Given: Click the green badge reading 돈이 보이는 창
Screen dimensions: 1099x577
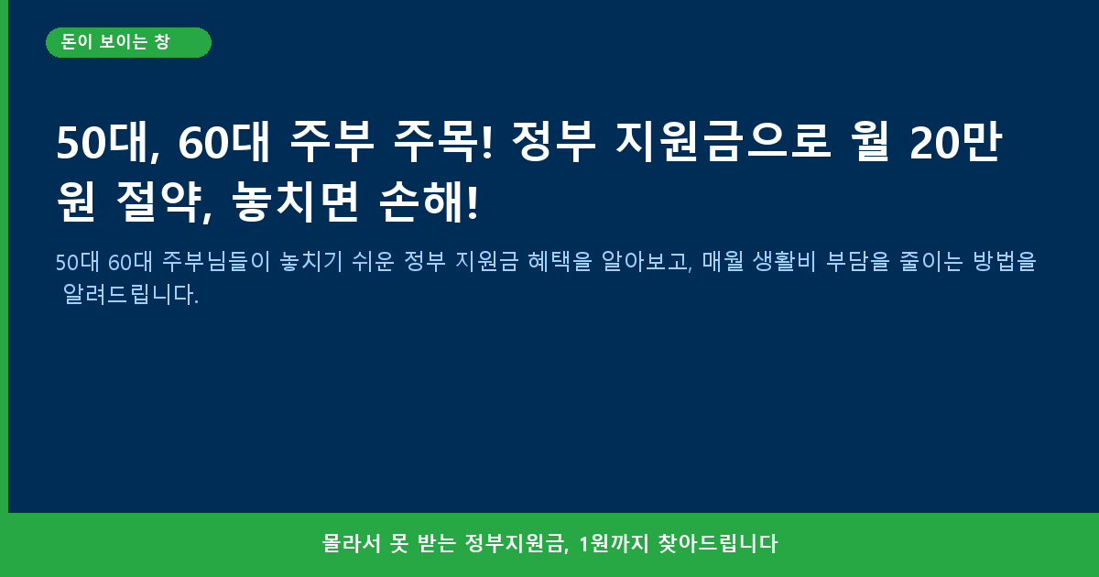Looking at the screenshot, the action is click(128, 43).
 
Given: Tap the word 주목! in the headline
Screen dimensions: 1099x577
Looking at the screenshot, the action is click(443, 142).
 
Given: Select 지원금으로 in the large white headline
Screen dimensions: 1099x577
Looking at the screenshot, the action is click(723, 142).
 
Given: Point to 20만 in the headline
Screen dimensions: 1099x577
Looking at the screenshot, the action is click(955, 142).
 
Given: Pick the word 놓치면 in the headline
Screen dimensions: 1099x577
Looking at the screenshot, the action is click(295, 201).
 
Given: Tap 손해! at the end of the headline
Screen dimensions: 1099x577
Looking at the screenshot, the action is click(429, 201).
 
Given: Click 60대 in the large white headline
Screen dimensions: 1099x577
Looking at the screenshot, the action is click(223, 142).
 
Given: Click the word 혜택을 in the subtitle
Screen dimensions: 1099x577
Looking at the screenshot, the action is click(560, 261).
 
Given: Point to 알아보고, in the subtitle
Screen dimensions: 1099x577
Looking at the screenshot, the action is click(647, 261).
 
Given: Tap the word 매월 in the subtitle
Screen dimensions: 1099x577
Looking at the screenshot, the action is click(723, 261).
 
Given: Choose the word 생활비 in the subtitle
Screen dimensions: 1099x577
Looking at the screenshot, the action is click(785, 261).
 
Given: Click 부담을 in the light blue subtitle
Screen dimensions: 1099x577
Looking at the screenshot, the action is click(857, 261).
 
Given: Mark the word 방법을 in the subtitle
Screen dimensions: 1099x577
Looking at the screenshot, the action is click(1005, 261).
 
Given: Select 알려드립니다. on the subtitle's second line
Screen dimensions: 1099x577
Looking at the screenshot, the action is click(131, 294).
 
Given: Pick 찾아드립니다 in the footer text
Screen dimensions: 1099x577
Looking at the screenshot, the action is click(718, 544).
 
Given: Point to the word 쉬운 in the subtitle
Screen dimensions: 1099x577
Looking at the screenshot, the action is click(374, 261).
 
